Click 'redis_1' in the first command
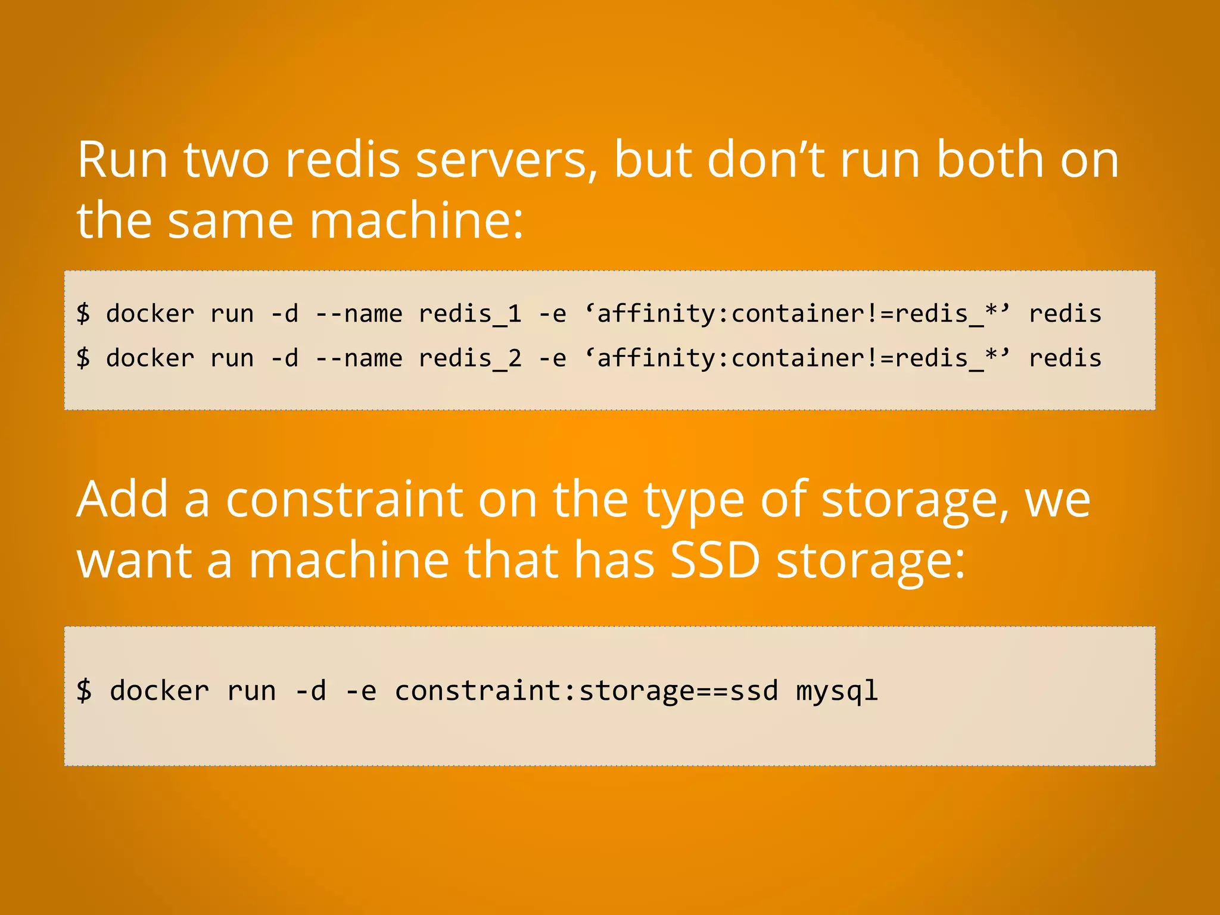(x=470, y=314)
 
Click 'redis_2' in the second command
(x=470, y=359)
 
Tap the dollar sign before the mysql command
(x=84, y=691)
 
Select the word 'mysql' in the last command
(x=837, y=691)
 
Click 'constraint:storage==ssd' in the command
(x=586, y=691)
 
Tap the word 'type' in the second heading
(x=694, y=500)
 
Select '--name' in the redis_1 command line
(x=359, y=314)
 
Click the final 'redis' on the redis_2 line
(x=1065, y=359)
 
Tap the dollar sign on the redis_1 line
(x=83, y=314)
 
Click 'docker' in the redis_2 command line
(x=150, y=359)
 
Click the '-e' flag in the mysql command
(x=361, y=691)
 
